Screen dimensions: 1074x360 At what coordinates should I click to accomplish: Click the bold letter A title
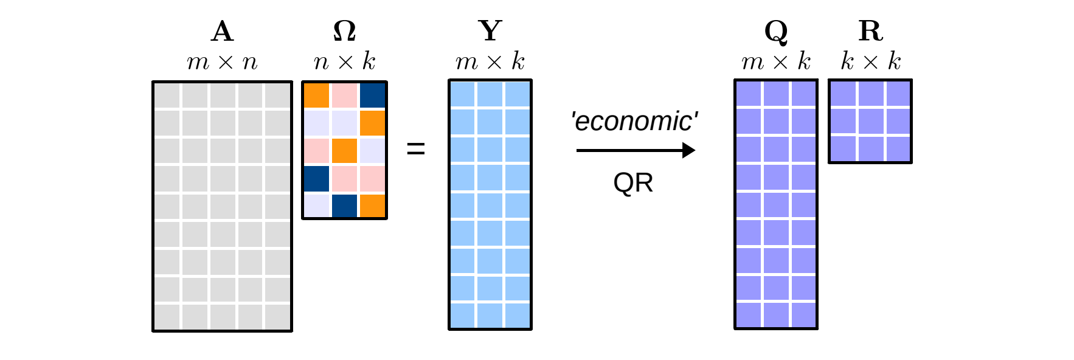(x=222, y=31)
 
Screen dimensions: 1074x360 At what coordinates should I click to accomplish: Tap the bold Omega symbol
(x=344, y=31)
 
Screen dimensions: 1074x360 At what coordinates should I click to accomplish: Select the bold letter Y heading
(x=490, y=31)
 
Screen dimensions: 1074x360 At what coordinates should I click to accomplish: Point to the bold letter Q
(x=776, y=32)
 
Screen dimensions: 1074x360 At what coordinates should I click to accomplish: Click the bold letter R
(x=870, y=31)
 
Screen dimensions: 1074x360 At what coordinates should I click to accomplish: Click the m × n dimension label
(x=222, y=62)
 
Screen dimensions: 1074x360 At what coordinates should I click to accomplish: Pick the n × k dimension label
(x=344, y=61)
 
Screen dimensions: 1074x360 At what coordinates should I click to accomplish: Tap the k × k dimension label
(x=870, y=61)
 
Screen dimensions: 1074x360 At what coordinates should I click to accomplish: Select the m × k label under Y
(x=490, y=61)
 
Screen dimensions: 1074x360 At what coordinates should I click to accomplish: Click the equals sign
(x=416, y=148)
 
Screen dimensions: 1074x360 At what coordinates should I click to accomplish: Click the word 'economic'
(x=634, y=121)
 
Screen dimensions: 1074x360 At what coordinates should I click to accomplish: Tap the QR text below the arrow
(x=633, y=182)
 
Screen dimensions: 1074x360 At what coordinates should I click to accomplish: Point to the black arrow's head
(x=689, y=150)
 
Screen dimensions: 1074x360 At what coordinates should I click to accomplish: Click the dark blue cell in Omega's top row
(x=373, y=95)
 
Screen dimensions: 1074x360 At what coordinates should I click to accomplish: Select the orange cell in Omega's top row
(x=316, y=95)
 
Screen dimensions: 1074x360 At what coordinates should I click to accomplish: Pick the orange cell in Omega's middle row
(x=344, y=151)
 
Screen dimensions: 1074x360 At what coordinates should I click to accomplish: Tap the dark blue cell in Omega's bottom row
(x=344, y=206)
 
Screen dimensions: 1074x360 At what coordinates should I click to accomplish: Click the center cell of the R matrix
(x=870, y=121)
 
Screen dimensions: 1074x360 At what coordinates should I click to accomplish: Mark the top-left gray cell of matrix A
(x=167, y=95)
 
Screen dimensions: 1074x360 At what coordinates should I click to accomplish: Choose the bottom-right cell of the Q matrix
(x=803, y=315)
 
